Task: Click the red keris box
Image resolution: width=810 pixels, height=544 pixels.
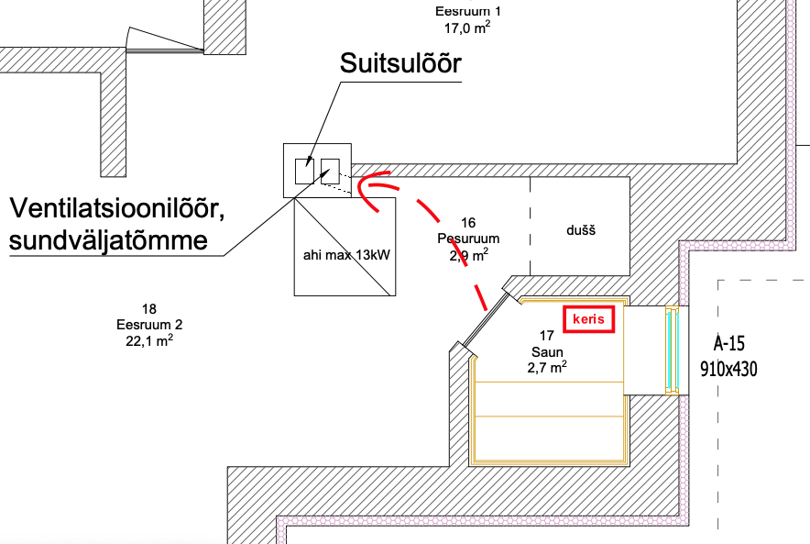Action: (x=588, y=319)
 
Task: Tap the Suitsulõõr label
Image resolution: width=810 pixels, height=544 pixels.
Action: (x=400, y=63)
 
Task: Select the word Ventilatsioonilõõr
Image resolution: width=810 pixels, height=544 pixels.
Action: (x=116, y=210)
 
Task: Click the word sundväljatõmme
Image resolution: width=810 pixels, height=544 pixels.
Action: (x=109, y=241)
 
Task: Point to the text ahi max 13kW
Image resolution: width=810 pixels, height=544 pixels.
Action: (x=345, y=254)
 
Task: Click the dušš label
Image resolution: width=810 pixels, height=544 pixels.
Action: (x=580, y=230)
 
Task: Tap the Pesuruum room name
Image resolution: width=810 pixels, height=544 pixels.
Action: (x=468, y=238)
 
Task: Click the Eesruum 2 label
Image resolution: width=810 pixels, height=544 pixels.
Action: (x=150, y=324)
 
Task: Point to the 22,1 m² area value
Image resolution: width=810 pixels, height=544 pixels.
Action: (x=150, y=340)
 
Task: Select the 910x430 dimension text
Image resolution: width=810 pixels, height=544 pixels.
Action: (x=730, y=370)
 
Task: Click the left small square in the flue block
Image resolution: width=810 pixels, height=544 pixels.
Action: (x=303, y=171)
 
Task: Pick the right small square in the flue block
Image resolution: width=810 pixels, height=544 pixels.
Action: (x=330, y=169)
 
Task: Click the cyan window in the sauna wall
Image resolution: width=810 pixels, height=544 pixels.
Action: (x=673, y=350)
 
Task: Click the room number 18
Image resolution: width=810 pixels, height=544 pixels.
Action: (x=149, y=308)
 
